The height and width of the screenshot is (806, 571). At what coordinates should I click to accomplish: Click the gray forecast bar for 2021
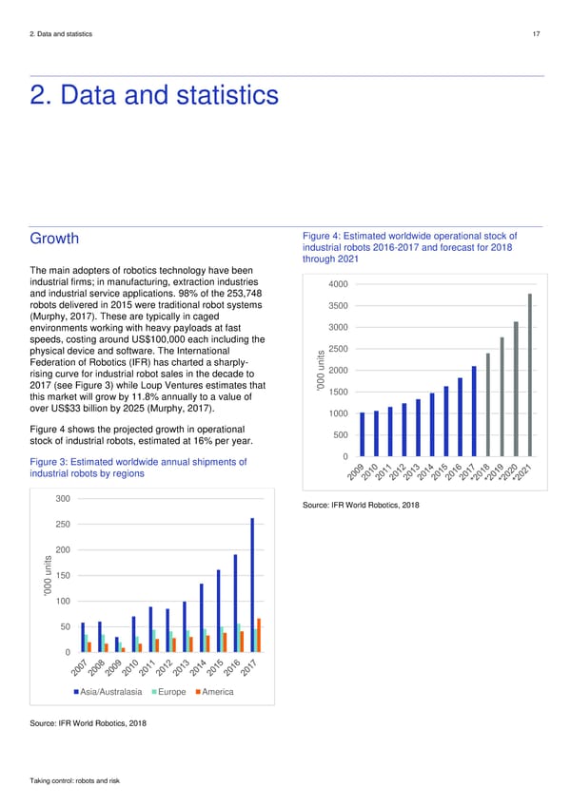click(529, 375)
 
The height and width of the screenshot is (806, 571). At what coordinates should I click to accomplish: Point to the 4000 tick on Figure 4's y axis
click(338, 284)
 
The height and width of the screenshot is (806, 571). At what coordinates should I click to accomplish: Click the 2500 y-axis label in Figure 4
click(338, 349)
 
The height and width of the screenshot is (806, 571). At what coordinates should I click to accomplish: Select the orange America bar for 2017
click(259, 635)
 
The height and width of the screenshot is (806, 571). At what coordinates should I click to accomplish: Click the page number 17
click(538, 34)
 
